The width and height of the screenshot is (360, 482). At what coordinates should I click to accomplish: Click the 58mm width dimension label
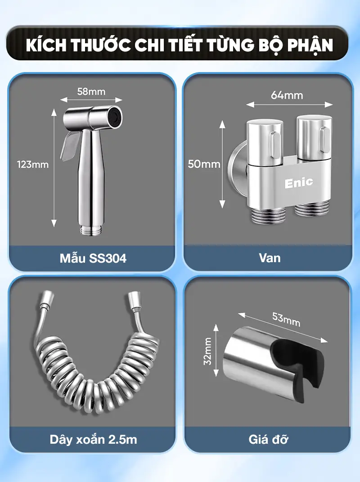pos(91,91)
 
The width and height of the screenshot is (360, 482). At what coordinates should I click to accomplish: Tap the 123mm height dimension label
pos(33,164)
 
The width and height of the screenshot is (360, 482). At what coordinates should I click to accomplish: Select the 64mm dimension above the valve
pos(287,95)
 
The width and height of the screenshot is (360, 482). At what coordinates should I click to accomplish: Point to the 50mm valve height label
pos(204,164)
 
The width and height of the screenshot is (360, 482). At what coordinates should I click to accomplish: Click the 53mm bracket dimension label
pos(286,319)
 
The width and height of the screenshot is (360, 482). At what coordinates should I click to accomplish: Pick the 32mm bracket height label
pos(207,351)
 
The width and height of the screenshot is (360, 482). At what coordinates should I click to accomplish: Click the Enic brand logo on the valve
pos(298,183)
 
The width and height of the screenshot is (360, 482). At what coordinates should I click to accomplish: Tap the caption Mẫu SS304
pos(93,258)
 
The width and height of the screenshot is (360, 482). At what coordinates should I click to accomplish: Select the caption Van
pos(270,258)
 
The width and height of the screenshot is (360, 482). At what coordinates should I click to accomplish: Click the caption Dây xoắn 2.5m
pos(94,440)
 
